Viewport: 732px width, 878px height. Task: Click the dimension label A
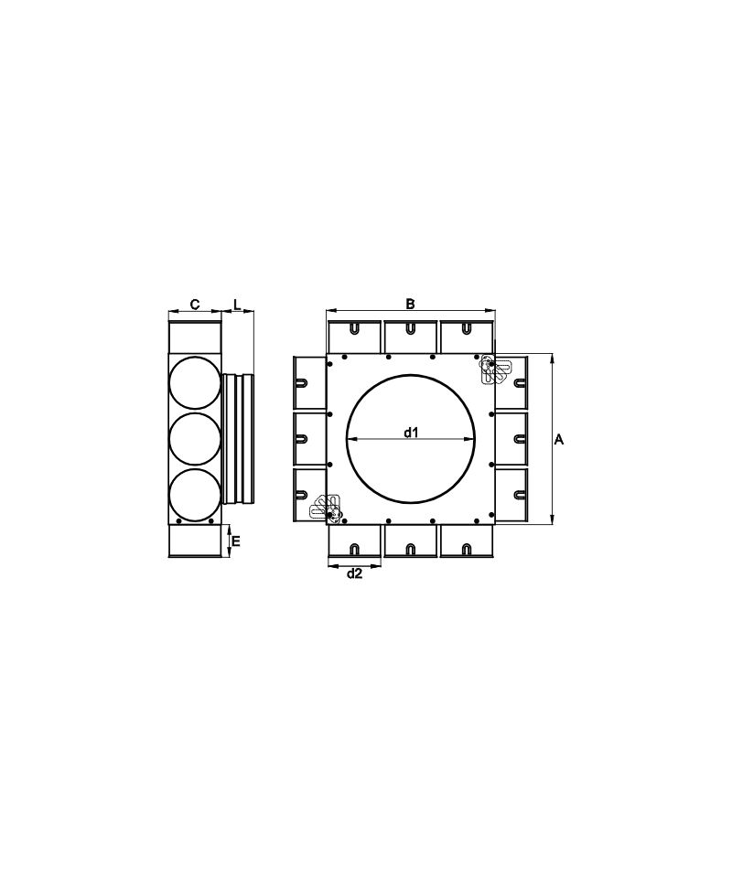pos(558,440)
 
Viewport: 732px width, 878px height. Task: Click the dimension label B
pos(411,304)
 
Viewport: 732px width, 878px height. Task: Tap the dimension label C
pos(194,305)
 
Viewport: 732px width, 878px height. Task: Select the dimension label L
pos(237,305)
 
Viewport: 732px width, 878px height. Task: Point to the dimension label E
pos(236,541)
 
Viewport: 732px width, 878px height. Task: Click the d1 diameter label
pos(411,432)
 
